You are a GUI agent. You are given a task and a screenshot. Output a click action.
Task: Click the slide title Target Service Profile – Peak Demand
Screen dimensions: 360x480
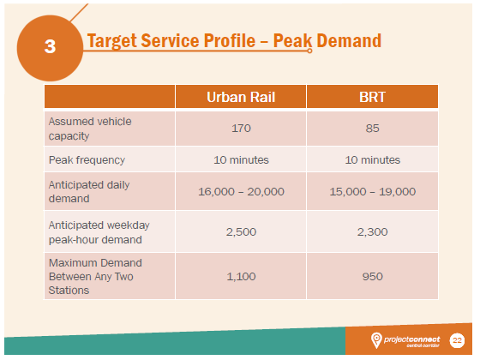(233, 41)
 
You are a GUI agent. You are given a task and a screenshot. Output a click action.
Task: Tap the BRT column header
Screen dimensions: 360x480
(372, 96)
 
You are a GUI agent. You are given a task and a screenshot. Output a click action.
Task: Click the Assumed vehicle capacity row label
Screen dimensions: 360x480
(90, 128)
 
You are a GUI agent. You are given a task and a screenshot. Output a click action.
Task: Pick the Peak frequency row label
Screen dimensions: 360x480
(87, 159)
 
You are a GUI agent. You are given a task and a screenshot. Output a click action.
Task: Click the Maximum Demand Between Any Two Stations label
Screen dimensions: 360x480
(95, 275)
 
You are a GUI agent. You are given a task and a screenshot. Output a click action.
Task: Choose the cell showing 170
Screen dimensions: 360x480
(241, 129)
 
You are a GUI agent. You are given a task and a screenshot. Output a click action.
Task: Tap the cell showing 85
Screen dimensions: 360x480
(372, 129)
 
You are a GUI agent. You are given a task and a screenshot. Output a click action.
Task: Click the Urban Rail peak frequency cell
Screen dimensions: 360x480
(241, 160)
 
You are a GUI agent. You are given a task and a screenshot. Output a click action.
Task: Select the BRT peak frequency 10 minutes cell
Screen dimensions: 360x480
(372, 160)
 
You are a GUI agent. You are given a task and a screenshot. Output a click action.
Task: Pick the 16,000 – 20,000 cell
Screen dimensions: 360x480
(241, 192)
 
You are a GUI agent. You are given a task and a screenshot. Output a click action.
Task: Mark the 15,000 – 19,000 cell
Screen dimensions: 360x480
(372, 192)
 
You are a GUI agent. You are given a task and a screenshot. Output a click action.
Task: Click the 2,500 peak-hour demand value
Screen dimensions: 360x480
(241, 231)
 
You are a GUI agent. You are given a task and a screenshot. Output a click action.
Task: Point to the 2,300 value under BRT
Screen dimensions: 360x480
(372, 231)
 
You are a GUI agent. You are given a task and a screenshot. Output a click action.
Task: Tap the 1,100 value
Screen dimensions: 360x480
(241, 276)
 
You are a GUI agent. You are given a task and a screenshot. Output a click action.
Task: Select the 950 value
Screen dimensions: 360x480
(372, 276)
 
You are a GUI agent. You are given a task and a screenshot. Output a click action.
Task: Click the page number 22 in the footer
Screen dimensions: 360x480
(457, 340)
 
